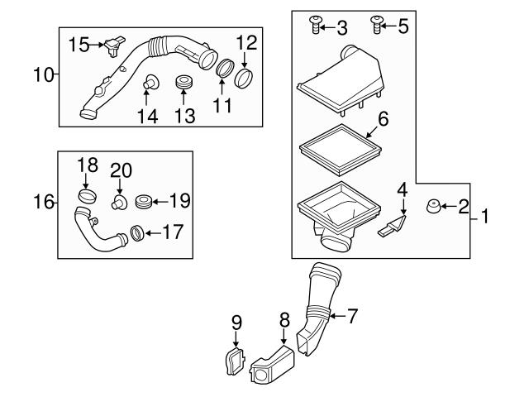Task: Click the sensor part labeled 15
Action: click(115, 44)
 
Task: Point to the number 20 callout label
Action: click(121, 169)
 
